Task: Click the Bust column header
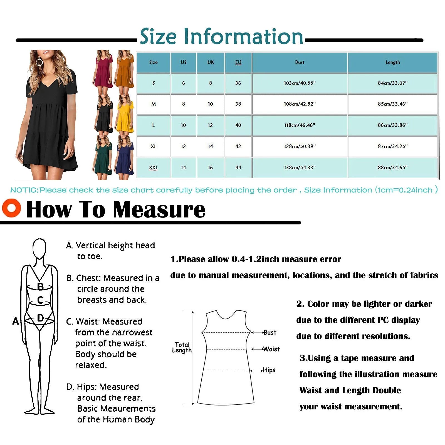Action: [300, 62]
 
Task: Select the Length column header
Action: [392, 62]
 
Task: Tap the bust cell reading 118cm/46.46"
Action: [300, 125]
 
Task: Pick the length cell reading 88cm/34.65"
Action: [392, 167]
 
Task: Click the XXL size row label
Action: [153, 167]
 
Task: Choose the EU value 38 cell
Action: [238, 104]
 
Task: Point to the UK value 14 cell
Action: [211, 146]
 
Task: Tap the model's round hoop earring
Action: [39, 62]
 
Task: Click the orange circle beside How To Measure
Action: [11, 208]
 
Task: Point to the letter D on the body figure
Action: [40, 318]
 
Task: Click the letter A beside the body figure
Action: [16, 321]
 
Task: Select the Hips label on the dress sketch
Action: [269, 370]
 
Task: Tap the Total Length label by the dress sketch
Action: [182, 347]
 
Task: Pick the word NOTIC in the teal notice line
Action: [24, 190]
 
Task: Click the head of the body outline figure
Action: [39, 248]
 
